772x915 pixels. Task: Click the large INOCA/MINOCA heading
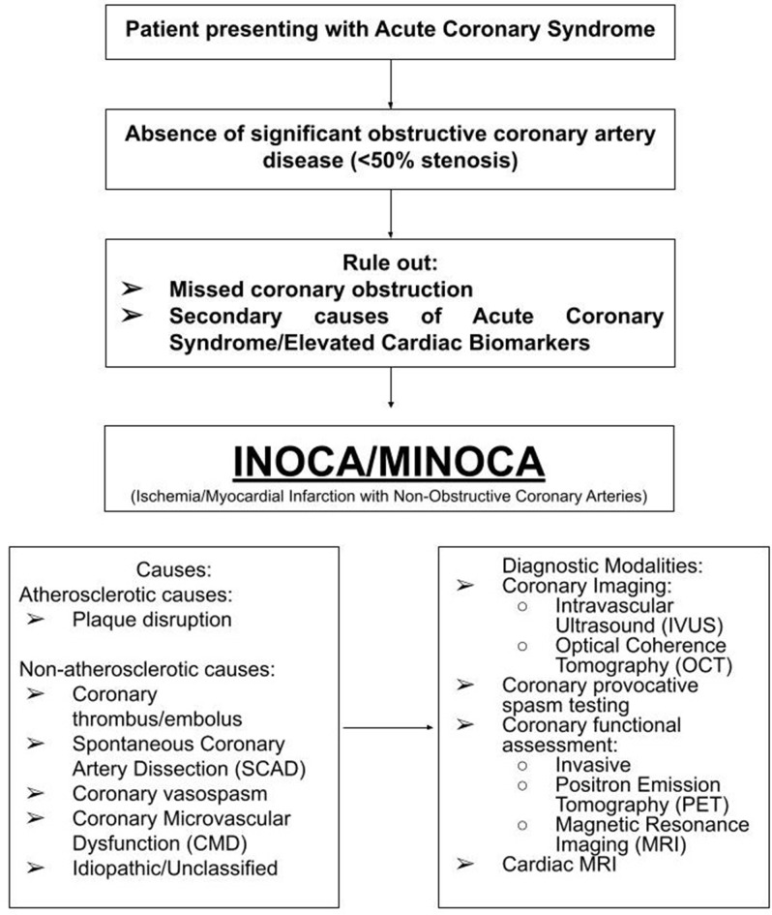pyautogui.click(x=388, y=460)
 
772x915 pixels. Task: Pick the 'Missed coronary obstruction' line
pyautogui.click(x=321, y=289)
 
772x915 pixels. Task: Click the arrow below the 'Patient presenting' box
pyautogui.click(x=388, y=87)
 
